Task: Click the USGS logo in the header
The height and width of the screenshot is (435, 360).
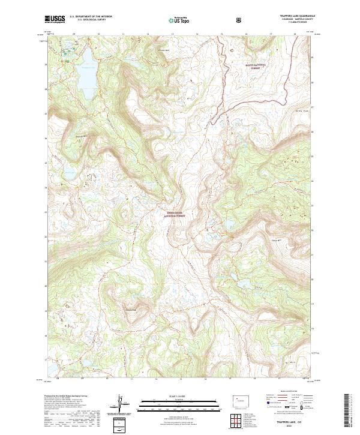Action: [56, 19]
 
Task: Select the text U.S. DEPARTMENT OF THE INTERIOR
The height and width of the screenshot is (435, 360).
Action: [91, 17]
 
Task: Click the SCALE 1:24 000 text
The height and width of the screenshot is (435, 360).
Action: [171, 397]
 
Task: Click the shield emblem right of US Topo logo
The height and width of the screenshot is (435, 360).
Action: [240, 20]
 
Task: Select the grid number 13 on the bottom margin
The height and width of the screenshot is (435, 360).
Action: [155, 379]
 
